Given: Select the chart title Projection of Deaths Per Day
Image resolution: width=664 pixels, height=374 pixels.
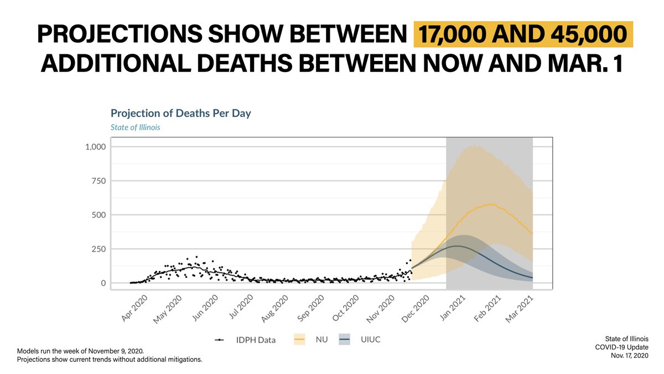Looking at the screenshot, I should pyautogui.click(x=181, y=113).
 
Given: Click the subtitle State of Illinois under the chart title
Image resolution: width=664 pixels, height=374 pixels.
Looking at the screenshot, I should pyautogui.click(x=136, y=127).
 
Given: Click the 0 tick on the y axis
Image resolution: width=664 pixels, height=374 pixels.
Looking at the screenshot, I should pyautogui.click(x=103, y=283).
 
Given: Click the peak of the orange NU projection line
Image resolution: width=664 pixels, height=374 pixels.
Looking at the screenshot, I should pyautogui.click(x=489, y=204).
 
